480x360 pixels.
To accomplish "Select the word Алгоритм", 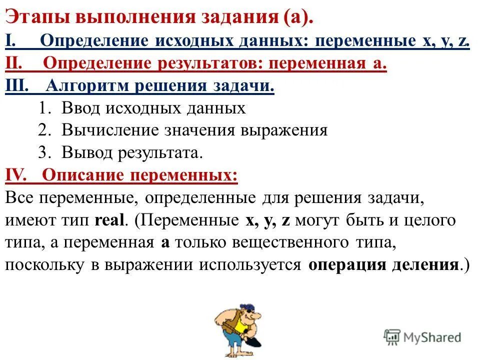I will click(x=85, y=85).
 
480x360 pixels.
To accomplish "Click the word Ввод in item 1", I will click(x=79, y=108).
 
